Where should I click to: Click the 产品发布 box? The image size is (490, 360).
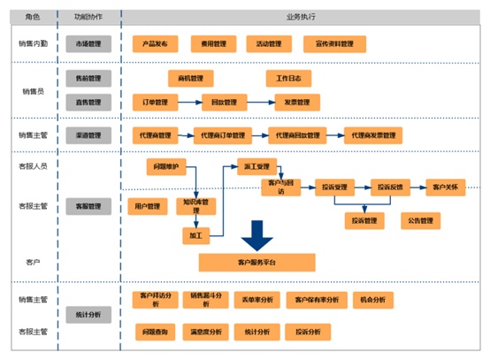point(156,42)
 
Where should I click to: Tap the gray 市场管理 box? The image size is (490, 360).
point(88,42)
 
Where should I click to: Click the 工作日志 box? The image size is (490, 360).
point(288,78)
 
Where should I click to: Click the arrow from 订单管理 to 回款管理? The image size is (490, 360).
point(189,101)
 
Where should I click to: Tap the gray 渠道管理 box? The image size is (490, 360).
point(88,135)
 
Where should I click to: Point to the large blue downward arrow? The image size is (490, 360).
point(258,235)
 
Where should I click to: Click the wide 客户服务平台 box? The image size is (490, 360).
point(256,262)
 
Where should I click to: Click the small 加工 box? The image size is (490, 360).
point(194,236)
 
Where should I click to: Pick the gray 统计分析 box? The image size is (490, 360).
point(88,314)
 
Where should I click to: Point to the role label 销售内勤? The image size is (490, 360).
point(34,42)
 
